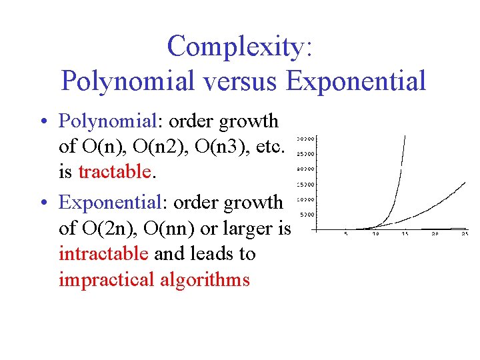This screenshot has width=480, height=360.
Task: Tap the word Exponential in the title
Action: coord(355,81)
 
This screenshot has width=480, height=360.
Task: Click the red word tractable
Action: coord(115,172)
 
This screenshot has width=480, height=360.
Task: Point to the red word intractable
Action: coord(104,254)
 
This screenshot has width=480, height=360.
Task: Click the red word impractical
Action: coord(107,279)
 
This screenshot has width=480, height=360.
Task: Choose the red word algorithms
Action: coord(205,279)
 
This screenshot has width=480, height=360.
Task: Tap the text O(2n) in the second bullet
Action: coord(108,229)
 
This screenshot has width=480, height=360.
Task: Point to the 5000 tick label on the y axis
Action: coord(305,215)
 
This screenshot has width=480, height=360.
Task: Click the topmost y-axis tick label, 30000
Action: coord(305,139)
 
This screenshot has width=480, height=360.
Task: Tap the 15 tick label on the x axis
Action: coord(405,234)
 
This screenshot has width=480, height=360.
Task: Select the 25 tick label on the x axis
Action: coord(464,234)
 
